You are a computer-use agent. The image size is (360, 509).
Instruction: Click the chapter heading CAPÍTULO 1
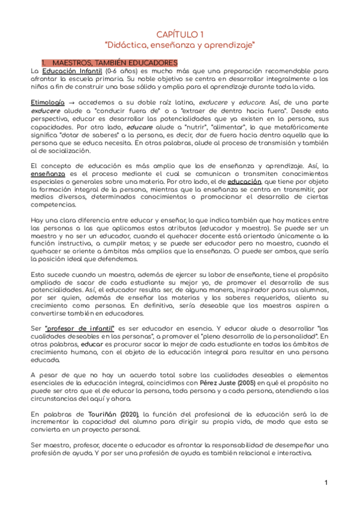(180, 34)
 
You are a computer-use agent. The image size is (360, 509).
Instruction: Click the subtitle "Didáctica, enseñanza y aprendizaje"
(180, 45)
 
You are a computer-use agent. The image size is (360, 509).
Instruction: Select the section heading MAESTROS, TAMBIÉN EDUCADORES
(115, 62)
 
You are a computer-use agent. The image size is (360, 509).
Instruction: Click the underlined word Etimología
(47, 103)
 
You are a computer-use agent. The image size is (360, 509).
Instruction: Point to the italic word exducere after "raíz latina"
(217, 103)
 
